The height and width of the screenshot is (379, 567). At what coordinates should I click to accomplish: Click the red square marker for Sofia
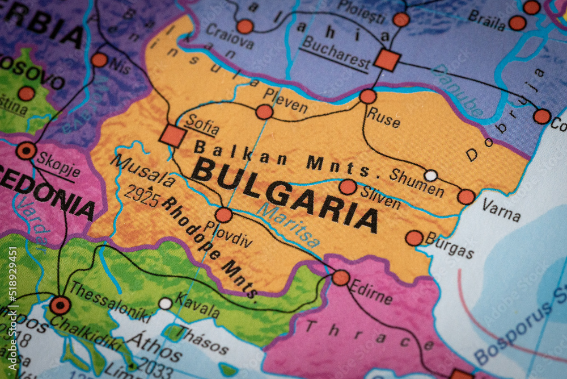coord(172,136)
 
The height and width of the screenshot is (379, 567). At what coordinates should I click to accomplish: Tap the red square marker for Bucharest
coord(387,60)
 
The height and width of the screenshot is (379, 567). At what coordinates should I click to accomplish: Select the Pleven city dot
coord(264,112)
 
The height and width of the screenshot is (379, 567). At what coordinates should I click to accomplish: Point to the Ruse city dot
coord(368,96)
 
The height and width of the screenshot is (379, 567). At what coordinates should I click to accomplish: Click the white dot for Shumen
coord(431,176)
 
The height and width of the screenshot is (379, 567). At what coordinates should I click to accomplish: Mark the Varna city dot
coord(466,197)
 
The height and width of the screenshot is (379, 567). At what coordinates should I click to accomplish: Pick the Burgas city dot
coord(414,238)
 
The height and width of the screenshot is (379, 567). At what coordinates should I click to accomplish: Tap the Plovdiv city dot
coord(224,215)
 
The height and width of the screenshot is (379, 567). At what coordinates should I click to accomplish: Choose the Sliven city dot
coord(348,187)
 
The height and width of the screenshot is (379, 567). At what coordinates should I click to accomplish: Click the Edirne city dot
coord(341,277)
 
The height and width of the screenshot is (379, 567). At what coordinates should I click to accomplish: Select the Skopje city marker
coord(26,151)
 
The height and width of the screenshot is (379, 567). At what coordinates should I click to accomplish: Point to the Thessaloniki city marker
coord(60,305)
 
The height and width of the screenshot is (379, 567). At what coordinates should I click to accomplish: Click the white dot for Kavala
coord(165,303)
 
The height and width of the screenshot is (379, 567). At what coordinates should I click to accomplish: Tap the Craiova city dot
coord(245,26)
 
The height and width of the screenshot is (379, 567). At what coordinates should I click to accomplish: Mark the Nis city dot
coord(99,60)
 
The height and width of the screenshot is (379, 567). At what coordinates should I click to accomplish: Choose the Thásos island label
coord(204,340)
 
